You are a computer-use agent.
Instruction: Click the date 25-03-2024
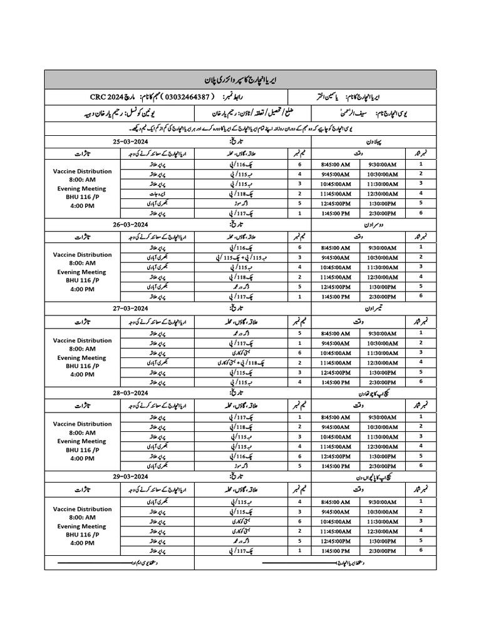pyautogui.click(x=130, y=142)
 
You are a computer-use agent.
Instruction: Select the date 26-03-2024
pyautogui.click(x=130, y=223)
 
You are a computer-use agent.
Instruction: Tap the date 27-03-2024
pyautogui.click(x=130, y=308)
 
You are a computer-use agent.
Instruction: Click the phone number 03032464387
pyautogui.click(x=177, y=98)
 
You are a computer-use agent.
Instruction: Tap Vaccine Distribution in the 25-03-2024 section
pyautogui.click(x=83, y=171)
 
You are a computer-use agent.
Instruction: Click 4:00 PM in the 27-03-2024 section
pyautogui.click(x=83, y=374)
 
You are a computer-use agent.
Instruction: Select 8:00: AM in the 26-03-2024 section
pyautogui.click(x=83, y=264)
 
